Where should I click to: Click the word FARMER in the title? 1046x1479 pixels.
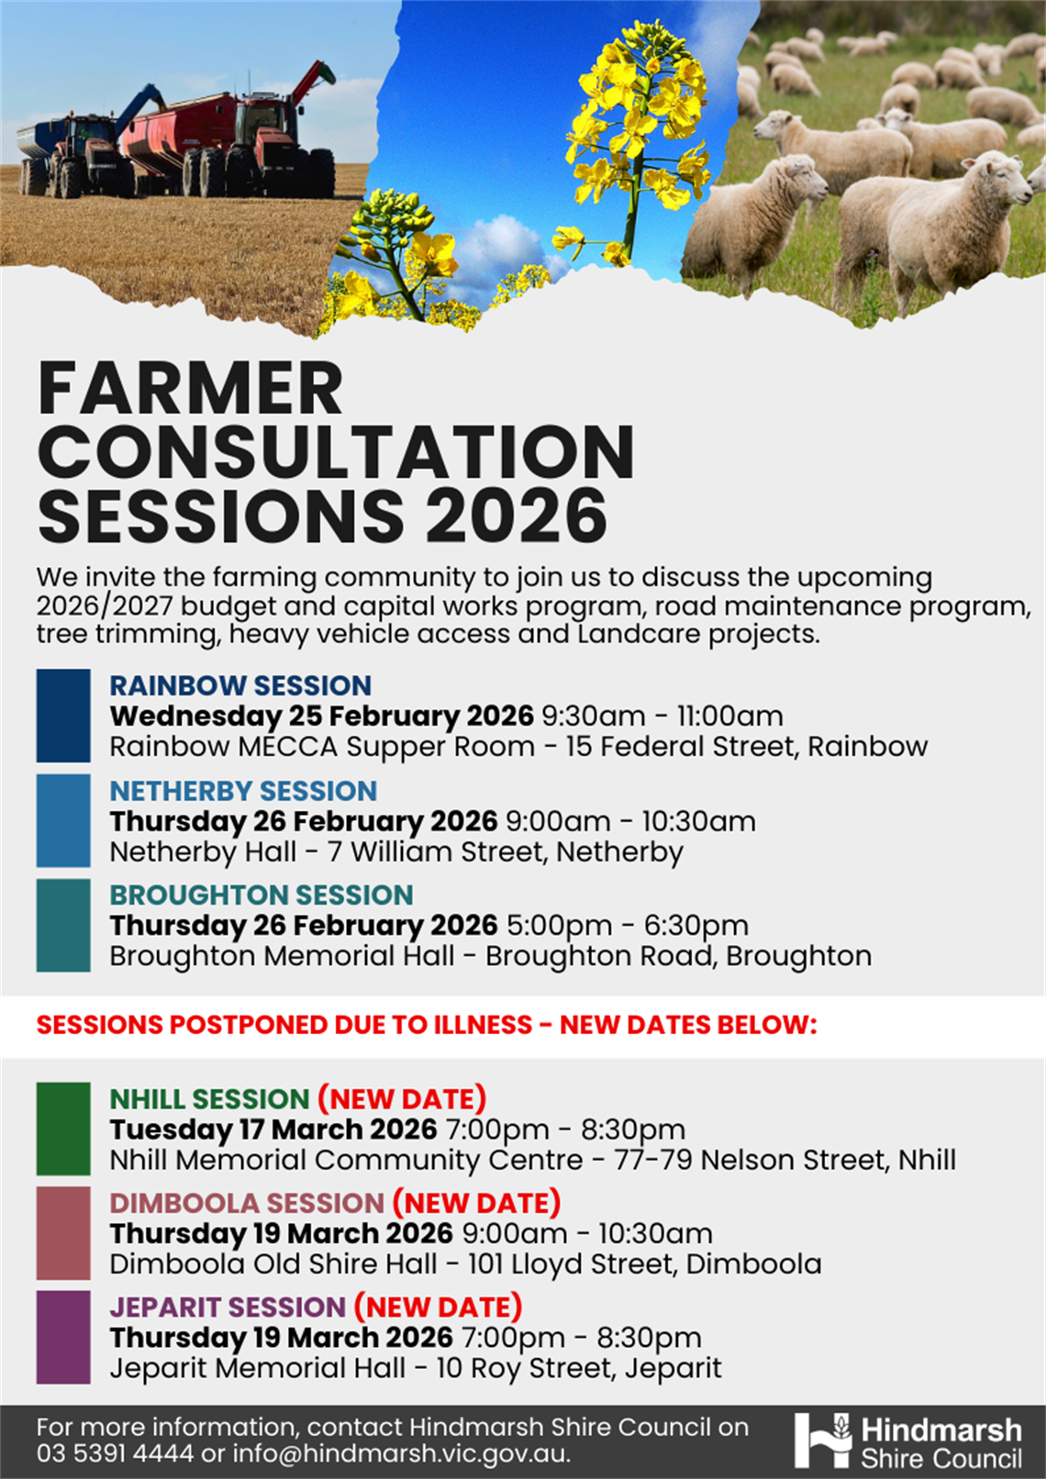(x=191, y=389)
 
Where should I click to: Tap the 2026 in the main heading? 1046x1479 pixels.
(x=516, y=517)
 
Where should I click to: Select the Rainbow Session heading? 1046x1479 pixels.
(x=240, y=685)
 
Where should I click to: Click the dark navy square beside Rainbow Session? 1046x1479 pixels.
(x=63, y=716)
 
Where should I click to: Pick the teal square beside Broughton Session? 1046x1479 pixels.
(x=63, y=925)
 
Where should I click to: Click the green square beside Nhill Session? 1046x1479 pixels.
(x=63, y=1129)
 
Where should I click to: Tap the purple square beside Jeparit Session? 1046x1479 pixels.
(x=63, y=1337)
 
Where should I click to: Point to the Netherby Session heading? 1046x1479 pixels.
(x=243, y=790)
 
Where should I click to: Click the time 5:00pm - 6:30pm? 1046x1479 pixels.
(x=627, y=925)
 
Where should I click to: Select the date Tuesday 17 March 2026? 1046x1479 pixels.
(x=273, y=1129)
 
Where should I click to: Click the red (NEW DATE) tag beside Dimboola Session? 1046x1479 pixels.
(x=476, y=1202)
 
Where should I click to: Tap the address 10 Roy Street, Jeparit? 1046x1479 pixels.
(x=579, y=1368)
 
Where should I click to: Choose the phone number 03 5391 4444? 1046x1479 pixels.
(x=115, y=1453)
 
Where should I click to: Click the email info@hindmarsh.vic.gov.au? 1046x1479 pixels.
(x=401, y=1453)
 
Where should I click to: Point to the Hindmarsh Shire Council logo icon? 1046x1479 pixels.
(x=823, y=1440)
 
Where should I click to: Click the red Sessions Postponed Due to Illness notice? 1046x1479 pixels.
(x=427, y=1025)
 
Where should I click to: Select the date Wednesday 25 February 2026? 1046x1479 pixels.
(x=321, y=716)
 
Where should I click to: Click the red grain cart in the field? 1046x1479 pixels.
(x=179, y=133)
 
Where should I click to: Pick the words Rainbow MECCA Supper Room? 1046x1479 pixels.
(x=322, y=747)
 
